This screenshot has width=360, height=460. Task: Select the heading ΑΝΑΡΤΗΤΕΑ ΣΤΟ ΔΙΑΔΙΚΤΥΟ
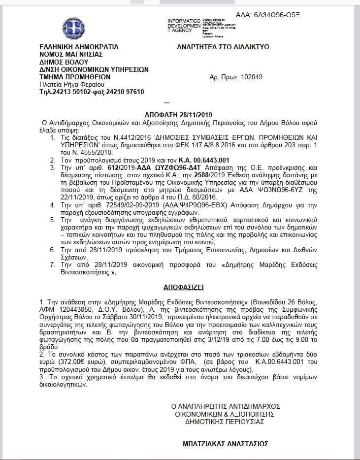(x=223, y=47)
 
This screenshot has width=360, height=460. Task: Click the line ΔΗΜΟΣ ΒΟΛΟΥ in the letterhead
(x=64, y=62)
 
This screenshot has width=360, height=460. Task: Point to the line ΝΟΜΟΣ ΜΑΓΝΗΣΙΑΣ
(x=71, y=55)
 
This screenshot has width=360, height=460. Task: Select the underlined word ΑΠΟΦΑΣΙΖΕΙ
(x=183, y=287)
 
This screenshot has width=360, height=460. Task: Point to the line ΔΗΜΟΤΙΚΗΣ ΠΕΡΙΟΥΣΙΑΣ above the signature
(x=225, y=422)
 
